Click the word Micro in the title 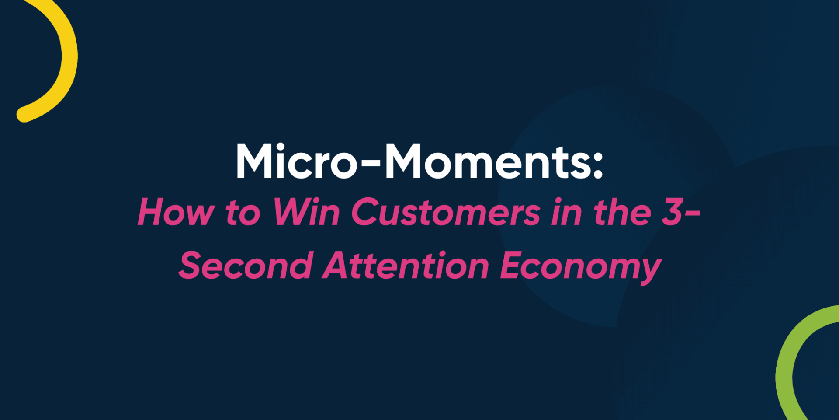[x=297, y=161]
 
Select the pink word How [x=176, y=212]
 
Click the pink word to [x=243, y=213]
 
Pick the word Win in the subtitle [x=306, y=212]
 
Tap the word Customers [x=446, y=212]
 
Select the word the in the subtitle [x=622, y=212]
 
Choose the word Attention [x=406, y=265]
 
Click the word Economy [x=581, y=267]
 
